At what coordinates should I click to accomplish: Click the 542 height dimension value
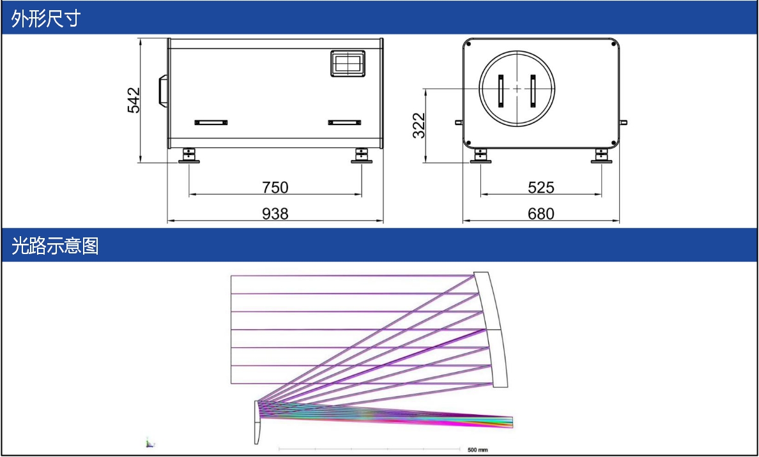(134, 100)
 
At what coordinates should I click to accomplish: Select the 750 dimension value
(275, 187)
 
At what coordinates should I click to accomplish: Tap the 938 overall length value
(275, 214)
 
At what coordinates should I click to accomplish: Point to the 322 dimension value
(419, 125)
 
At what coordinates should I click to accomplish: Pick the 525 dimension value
(540, 187)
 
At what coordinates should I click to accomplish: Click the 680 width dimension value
(540, 214)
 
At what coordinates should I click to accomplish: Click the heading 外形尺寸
(45, 19)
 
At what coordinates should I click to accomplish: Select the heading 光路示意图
(55, 246)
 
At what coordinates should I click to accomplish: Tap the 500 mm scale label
(478, 450)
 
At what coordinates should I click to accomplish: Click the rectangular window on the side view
(348, 63)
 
